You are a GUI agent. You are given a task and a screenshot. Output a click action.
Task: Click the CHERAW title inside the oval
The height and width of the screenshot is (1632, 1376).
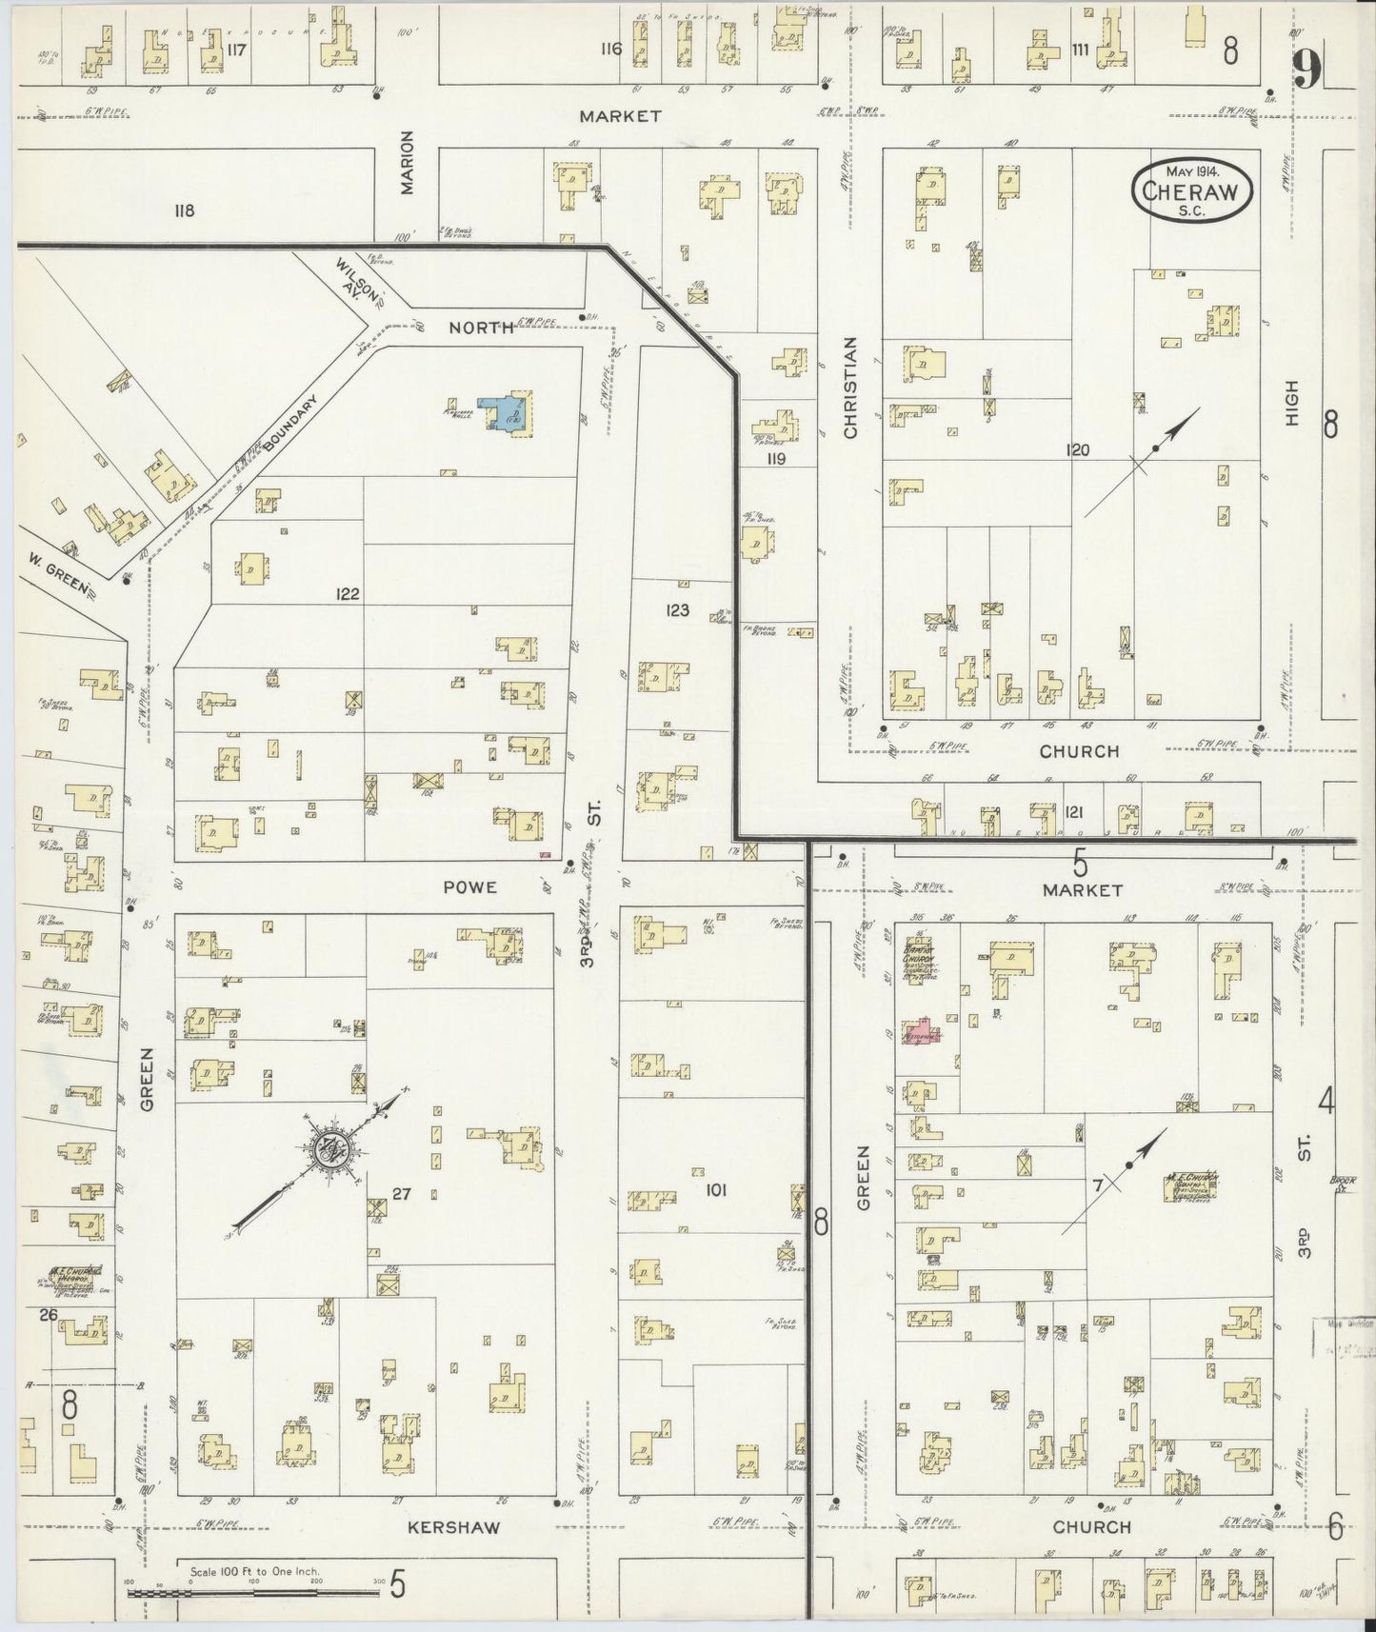1191,190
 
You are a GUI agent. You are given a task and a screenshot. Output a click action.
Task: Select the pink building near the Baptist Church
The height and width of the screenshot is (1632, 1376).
922,1032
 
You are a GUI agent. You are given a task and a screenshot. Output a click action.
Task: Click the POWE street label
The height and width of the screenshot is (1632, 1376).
470,887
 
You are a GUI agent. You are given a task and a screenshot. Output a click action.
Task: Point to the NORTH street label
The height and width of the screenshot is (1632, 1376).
482,328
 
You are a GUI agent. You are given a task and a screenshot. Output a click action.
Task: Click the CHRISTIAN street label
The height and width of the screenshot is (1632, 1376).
850,388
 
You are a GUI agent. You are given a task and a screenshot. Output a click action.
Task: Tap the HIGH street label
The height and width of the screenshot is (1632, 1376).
1292,403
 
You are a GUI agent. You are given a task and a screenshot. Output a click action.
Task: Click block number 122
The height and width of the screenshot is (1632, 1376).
348,594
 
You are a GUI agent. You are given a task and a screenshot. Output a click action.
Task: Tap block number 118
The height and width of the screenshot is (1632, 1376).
184,210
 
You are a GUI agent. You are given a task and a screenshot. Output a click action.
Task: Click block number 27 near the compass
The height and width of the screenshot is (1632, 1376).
401,1192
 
